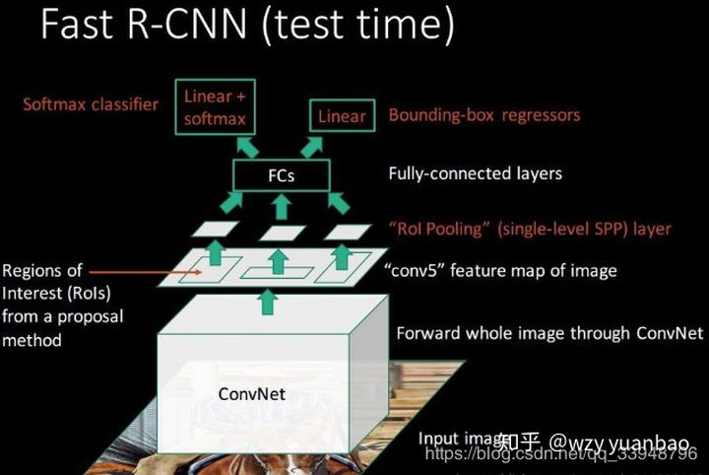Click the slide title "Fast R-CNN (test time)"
247,24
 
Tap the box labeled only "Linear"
342,116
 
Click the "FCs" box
281,176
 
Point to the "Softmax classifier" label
92,103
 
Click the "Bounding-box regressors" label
483,115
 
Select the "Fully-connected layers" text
476,173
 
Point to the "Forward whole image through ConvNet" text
549,333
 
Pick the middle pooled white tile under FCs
284,233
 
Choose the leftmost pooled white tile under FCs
214,229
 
